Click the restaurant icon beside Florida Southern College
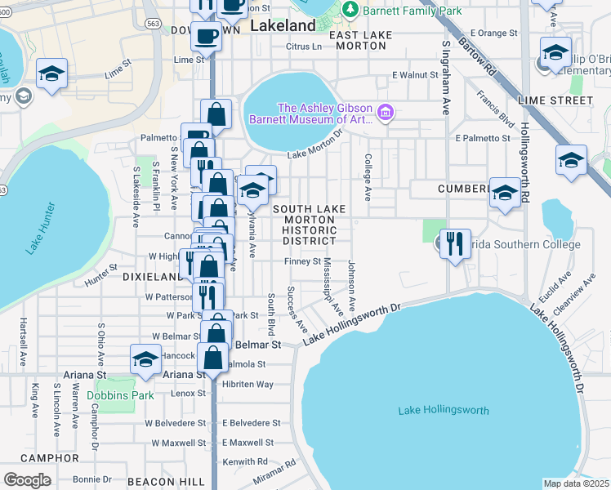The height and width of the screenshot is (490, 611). (x=455, y=243)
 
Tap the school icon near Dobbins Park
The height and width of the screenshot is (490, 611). (x=145, y=359)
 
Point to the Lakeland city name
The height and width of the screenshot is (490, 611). (x=283, y=26)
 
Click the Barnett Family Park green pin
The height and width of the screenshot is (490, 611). (x=351, y=10)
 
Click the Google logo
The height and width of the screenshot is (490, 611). (x=28, y=480)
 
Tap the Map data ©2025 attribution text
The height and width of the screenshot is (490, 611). (x=576, y=483)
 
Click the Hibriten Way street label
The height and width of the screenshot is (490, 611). (x=248, y=384)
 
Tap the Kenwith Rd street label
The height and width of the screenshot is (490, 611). (x=245, y=461)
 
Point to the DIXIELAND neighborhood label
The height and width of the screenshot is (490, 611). (x=150, y=277)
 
